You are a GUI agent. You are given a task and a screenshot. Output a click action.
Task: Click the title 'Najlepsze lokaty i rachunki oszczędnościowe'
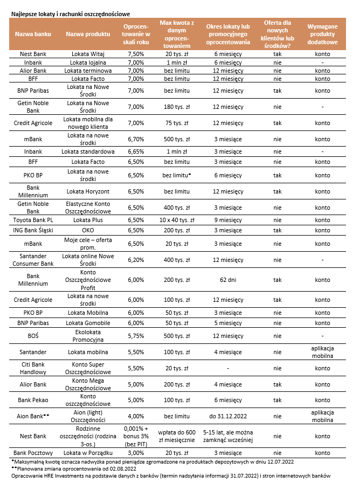point(71,13)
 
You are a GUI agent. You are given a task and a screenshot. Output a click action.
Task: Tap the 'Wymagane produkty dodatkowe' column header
point(322,34)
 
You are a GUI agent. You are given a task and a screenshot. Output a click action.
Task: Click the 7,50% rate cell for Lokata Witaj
point(136,54)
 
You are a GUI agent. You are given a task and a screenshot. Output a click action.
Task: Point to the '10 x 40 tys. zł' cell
point(176,220)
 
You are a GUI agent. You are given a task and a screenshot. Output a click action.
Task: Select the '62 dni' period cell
point(228,280)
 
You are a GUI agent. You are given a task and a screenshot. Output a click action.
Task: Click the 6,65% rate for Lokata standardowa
point(136,151)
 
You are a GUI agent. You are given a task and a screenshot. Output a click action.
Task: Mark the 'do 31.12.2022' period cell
point(228,416)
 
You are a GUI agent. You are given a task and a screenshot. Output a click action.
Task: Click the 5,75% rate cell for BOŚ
point(136,336)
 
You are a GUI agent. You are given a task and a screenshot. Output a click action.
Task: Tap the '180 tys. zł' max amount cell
point(176,107)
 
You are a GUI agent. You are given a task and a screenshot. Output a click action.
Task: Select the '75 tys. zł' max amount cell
point(176,123)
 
